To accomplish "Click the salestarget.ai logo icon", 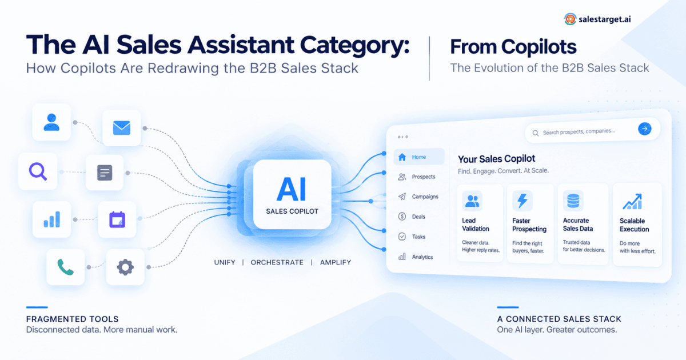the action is click(570, 19).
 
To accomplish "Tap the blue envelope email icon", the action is click(122, 128).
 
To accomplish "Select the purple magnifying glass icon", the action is click(38, 171).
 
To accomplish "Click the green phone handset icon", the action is click(65, 267).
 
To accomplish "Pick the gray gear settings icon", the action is click(125, 267).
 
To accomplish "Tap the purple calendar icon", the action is click(117, 219).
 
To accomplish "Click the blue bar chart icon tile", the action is click(52, 219).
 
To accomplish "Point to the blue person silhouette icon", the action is click(51, 122).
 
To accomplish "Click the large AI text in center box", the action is click(292, 190).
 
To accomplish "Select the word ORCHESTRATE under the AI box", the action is click(277, 262).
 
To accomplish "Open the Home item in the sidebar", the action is click(419, 157).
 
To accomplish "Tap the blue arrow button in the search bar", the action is click(645, 129).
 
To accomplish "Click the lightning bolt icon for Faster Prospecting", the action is click(523, 201).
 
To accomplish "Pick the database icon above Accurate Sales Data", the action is click(573, 201).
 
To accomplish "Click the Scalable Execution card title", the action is click(634, 225).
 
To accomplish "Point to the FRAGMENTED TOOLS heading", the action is click(72, 319).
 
